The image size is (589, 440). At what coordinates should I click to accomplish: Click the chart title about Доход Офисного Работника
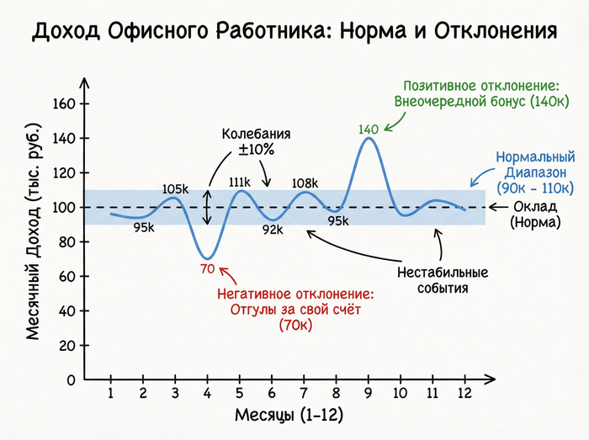[x=294, y=32]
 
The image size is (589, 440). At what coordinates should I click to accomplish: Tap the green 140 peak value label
[x=369, y=130]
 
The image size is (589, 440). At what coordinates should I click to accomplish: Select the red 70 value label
[x=208, y=269]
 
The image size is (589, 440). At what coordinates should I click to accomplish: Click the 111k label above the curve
[x=240, y=182]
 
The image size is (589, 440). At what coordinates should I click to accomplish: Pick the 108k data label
[x=305, y=183]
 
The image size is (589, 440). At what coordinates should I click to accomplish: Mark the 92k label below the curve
[x=272, y=229]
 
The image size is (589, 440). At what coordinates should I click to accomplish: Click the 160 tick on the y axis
[x=65, y=104]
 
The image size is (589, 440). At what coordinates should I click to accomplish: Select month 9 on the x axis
[x=369, y=394]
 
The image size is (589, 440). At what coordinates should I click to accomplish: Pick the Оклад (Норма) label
[x=537, y=215]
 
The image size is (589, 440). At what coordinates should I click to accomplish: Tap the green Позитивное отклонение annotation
[x=482, y=95]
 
